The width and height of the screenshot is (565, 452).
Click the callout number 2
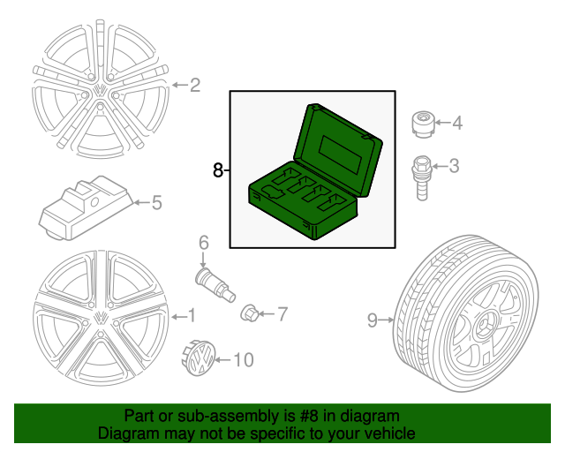click(x=195, y=86)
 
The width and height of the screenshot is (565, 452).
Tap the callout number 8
click(x=218, y=169)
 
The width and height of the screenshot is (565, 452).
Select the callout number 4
click(x=456, y=123)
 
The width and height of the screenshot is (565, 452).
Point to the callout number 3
click(x=455, y=165)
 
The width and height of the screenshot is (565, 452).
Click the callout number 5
click(x=156, y=203)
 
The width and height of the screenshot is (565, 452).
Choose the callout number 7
click(x=282, y=313)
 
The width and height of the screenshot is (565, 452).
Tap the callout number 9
click(x=373, y=320)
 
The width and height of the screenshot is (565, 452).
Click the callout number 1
click(x=191, y=315)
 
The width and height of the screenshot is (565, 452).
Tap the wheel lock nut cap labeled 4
click(x=422, y=124)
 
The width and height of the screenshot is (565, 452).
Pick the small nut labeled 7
click(x=251, y=313)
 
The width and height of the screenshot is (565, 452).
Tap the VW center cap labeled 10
click(x=202, y=359)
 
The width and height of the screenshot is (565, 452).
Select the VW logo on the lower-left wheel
click(x=101, y=319)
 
